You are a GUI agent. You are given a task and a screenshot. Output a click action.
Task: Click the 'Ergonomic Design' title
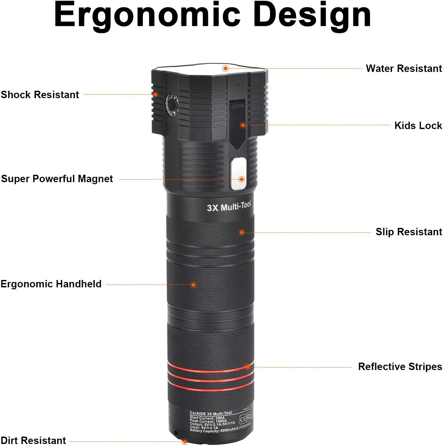pyautogui.click(x=212, y=15)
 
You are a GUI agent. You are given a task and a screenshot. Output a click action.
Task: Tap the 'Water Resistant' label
pyautogui.click(x=404, y=69)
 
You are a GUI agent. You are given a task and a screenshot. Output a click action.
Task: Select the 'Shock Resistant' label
pyautogui.click(x=40, y=95)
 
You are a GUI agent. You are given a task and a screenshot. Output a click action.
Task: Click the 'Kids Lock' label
pyautogui.click(x=418, y=126)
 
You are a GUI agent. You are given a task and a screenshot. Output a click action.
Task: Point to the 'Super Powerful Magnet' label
pyautogui.click(x=57, y=179)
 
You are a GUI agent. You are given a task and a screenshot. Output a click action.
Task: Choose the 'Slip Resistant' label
pyautogui.click(x=409, y=232)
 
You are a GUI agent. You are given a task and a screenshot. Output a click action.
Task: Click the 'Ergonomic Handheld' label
pyautogui.click(x=51, y=284)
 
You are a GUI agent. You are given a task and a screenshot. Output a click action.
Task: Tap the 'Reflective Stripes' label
pyautogui.click(x=400, y=367)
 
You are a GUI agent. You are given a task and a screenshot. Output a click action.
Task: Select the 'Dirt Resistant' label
pyautogui.click(x=33, y=440)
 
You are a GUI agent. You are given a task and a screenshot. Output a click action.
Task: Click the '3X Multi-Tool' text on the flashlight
pyautogui.click(x=229, y=207)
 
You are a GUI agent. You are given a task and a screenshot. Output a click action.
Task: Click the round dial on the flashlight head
pyautogui.click(x=172, y=104)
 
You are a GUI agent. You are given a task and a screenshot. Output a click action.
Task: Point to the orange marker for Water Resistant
pyautogui.click(x=226, y=69)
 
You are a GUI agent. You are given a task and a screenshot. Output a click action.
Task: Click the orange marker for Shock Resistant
pyautogui.click(x=156, y=95)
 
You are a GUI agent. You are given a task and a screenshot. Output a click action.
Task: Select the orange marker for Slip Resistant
pyautogui.click(x=241, y=232)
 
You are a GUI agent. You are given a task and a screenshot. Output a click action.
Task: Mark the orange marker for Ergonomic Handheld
pyautogui.click(x=193, y=285)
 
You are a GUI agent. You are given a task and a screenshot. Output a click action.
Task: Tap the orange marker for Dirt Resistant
pyautogui.click(x=185, y=441)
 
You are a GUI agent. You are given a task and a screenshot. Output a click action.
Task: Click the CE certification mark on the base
pyautogui.click(x=242, y=419)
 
